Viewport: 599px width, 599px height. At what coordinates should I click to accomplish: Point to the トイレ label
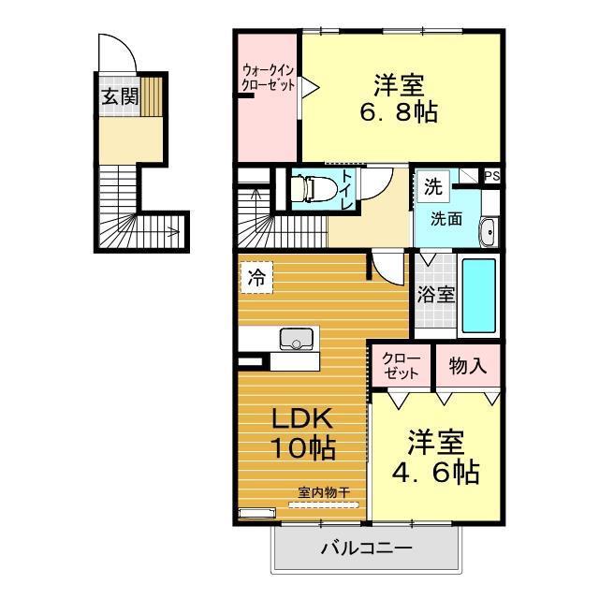(346, 190)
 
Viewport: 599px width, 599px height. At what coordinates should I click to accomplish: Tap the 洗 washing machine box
(431, 186)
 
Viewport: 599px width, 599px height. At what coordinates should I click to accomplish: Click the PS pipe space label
(492, 176)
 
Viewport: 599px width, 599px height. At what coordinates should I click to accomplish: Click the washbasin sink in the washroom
(488, 231)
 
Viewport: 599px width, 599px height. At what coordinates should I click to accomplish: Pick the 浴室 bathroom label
(435, 296)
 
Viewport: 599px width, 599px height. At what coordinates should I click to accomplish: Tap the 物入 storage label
(467, 366)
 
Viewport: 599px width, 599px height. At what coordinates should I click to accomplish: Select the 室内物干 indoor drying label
(324, 491)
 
